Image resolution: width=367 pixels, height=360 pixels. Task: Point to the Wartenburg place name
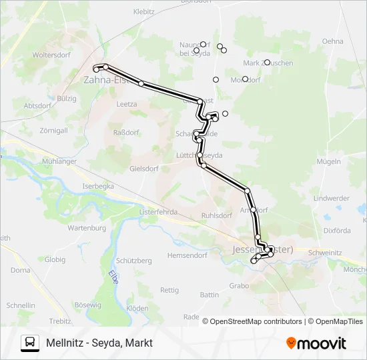pyautogui.click(x=87, y=227)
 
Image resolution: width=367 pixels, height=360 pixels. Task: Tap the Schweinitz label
pyautogui.click(x=325, y=253)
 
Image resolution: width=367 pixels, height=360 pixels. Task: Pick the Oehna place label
pyautogui.click(x=332, y=41)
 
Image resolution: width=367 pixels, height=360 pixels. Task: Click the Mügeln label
pyautogui.click(x=330, y=161)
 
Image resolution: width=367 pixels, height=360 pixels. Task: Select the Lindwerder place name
pyautogui.click(x=332, y=198)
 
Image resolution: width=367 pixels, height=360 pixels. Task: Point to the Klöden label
pyautogui.click(x=137, y=308)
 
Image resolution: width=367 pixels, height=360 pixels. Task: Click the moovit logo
pyautogui.click(x=316, y=343)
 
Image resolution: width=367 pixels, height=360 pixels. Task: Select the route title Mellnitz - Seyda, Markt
pyautogui.click(x=99, y=343)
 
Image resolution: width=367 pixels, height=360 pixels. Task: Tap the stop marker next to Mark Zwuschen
pyautogui.click(x=267, y=63)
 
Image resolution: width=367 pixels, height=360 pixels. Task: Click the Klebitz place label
pyautogui.click(x=144, y=11)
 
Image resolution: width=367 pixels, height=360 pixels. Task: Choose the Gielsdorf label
pyautogui.click(x=143, y=168)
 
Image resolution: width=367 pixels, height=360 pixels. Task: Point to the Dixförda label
pyautogui.click(x=337, y=231)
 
